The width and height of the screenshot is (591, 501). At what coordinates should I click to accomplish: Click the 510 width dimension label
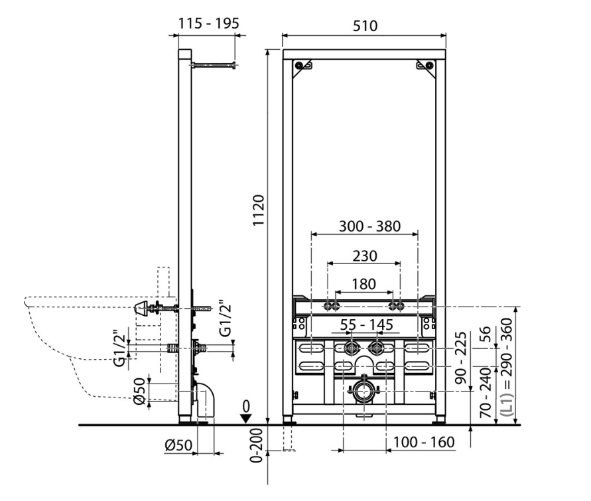365,26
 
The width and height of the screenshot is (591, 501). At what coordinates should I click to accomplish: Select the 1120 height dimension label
259,210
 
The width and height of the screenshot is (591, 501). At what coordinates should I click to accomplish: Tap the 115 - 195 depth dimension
208,23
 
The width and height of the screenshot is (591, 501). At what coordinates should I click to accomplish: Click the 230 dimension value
364,256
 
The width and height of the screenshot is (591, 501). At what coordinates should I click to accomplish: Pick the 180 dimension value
363,284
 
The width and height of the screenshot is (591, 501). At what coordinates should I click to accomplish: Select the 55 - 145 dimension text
366,324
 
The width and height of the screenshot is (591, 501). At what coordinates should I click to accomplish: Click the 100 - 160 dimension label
424,442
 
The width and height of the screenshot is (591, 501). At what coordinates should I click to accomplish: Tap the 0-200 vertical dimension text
256,445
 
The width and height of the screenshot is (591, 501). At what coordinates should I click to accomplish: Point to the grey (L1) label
509,404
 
